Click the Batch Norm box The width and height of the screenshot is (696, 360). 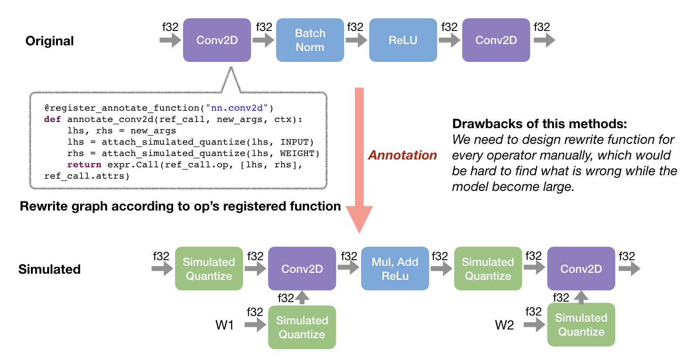click(310, 40)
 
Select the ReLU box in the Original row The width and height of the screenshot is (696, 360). click(403, 40)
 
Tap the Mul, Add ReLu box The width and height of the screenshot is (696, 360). click(395, 268)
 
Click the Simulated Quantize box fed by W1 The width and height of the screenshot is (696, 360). click(302, 327)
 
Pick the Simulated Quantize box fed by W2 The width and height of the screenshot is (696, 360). click(581, 325)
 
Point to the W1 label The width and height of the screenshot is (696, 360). click(225, 325)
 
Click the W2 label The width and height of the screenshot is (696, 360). click(504, 325)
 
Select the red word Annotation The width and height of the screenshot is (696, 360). click(403, 155)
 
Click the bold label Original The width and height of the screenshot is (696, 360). click(50, 41)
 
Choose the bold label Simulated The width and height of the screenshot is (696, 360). click(49, 269)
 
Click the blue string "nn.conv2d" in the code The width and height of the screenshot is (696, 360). click(236, 108)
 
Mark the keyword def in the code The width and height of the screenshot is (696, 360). click(52, 119)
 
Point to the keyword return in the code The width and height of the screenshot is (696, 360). click(84, 165)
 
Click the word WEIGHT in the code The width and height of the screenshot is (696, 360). click(297, 153)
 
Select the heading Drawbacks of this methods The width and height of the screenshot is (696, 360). click(539, 124)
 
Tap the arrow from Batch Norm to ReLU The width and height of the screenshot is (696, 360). click(356, 40)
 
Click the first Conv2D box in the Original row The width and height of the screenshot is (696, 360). click(217, 40)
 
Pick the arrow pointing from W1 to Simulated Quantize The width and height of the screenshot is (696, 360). click(256, 325)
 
